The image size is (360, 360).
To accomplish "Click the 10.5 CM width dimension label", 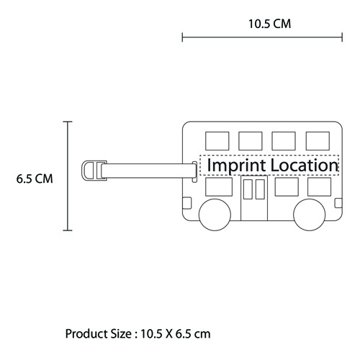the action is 269,24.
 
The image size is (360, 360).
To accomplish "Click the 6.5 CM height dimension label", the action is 35,179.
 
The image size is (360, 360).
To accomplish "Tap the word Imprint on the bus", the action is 237,166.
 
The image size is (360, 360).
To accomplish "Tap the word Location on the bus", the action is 305,165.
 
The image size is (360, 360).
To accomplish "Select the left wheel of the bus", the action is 215,215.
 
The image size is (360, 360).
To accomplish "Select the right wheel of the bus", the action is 310,215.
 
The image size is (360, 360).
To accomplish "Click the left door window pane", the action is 248,189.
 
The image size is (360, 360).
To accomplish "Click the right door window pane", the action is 260,189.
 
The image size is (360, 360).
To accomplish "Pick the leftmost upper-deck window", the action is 217,141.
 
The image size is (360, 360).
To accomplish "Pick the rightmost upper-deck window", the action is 318,141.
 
